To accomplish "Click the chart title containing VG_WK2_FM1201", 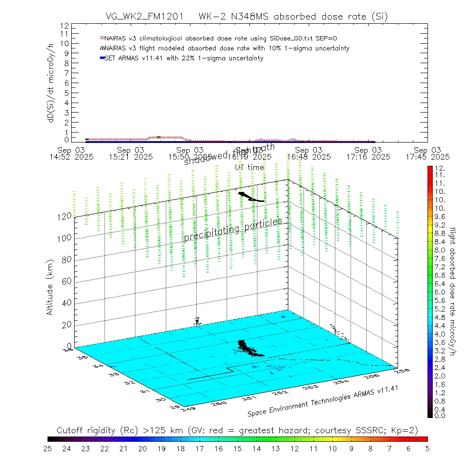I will coord(247,17).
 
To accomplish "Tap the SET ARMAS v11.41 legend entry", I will coord(183,58).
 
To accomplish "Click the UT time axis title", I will coord(249,167).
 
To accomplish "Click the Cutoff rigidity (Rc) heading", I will coord(237,430).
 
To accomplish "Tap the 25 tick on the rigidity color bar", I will coord(48,448).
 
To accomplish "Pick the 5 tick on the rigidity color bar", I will coord(427,448).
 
